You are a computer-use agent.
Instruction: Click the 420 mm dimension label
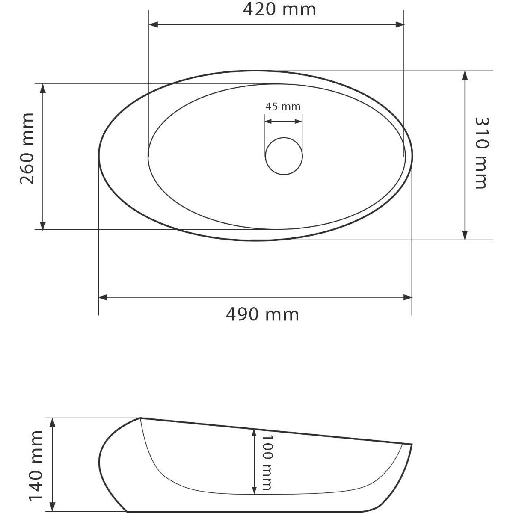279,10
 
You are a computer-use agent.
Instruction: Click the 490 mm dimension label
262,315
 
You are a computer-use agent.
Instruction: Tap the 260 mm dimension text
27,148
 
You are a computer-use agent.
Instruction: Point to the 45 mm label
283,107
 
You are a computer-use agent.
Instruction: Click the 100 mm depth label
267,463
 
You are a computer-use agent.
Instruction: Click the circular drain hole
284,156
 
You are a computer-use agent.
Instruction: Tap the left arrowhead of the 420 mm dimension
154,24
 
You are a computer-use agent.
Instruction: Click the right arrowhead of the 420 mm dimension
400,24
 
